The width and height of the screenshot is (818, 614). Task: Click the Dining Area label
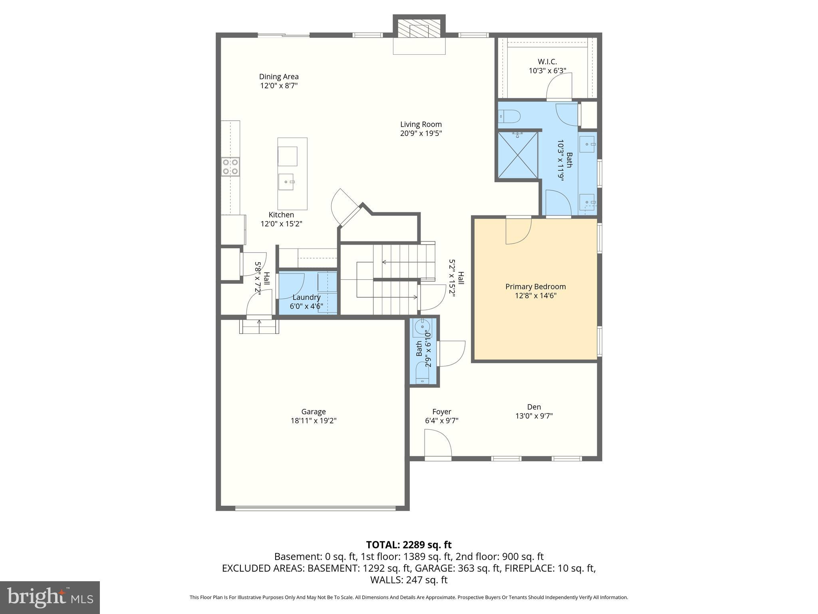(x=279, y=77)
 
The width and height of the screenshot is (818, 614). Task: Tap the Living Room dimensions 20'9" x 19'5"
(x=421, y=134)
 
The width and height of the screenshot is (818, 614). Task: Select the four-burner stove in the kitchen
(x=230, y=167)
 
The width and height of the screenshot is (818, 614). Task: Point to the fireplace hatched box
(x=419, y=30)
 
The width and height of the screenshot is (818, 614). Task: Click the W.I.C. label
(x=547, y=62)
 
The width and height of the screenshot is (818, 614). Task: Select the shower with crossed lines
(x=518, y=155)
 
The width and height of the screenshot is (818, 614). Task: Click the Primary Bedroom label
(x=535, y=287)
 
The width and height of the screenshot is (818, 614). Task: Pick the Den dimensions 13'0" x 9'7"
(x=534, y=416)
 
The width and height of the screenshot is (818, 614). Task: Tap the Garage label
(x=314, y=412)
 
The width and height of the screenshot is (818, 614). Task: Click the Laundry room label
(x=306, y=297)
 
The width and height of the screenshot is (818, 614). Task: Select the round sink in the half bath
(x=422, y=327)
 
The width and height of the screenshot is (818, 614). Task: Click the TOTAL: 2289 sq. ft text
(x=409, y=545)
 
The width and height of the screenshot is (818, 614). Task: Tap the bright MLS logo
(x=50, y=597)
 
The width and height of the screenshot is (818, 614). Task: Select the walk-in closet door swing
(x=559, y=86)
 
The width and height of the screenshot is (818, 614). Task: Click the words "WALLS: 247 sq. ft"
(x=409, y=580)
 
